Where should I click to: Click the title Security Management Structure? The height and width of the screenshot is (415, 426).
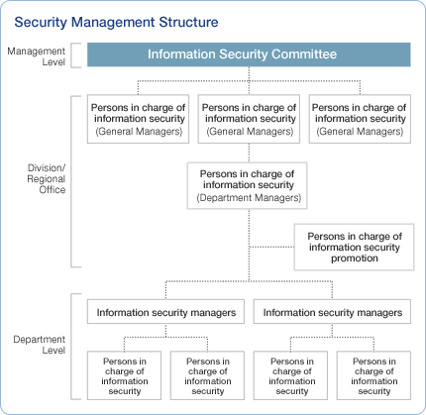tap(116, 21)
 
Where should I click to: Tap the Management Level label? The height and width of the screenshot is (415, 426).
tap(36, 54)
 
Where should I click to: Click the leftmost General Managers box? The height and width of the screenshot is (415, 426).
tap(137, 119)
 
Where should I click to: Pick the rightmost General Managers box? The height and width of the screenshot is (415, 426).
tap(358, 119)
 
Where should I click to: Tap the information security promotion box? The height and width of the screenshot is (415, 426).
tap(353, 248)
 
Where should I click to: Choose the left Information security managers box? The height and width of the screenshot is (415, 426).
tap(166, 312)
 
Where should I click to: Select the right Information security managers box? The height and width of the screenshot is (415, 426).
tap(333, 312)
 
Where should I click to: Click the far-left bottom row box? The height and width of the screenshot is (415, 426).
tap(124, 374)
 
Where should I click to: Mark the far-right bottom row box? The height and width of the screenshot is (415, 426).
tap(374, 374)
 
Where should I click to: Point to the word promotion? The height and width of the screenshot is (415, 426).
tap(354, 259)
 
